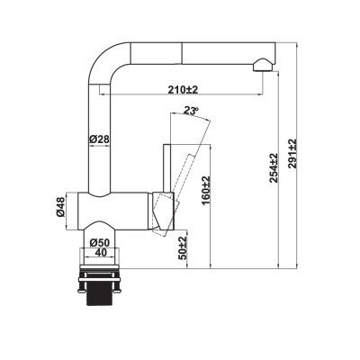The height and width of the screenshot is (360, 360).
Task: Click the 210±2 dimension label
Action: [x=183, y=90]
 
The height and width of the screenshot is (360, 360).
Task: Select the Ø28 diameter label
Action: [x=99, y=139]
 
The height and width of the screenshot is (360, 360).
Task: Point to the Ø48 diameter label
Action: [x=59, y=208]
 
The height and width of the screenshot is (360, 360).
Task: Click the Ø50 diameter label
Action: [x=99, y=242]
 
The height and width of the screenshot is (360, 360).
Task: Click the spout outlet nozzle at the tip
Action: [x=261, y=65]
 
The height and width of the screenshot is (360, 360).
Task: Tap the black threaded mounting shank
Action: [x=100, y=298]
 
